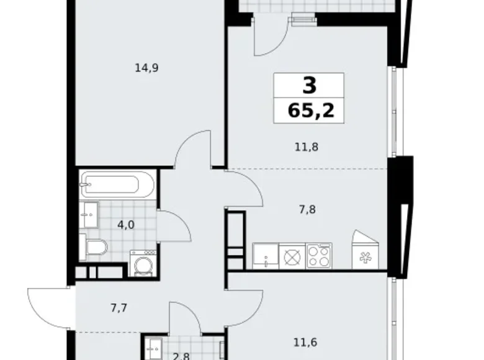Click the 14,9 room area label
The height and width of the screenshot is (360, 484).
click(146, 69)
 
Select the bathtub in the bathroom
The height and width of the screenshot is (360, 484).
click(117, 186)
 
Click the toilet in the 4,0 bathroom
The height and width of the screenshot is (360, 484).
click(97, 248)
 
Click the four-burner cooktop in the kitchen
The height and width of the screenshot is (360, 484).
click(319, 256)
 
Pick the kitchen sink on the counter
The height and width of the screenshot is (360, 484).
click(266, 256)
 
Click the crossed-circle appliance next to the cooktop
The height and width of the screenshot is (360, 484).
click(291, 256)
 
